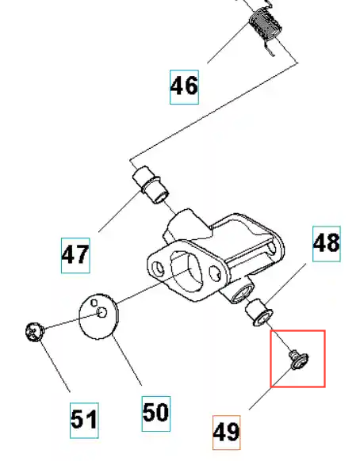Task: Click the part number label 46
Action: pyautogui.click(x=184, y=87)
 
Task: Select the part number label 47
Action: pyautogui.click(x=75, y=255)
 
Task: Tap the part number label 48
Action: pyautogui.click(x=327, y=244)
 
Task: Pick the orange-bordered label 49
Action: pyautogui.click(x=226, y=432)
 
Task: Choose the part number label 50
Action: pyautogui.click(x=156, y=413)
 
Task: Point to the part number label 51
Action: pyautogui.click(x=84, y=421)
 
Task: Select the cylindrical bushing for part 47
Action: pyautogui.click(x=151, y=185)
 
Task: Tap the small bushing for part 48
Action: pyautogui.click(x=259, y=312)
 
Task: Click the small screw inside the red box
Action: pyautogui.click(x=298, y=360)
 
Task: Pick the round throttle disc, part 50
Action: pyautogui.click(x=99, y=317)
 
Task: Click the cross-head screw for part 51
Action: pyautogui.click(x=35, y=332)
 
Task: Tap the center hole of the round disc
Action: pyautogui.click(x=101, y=313)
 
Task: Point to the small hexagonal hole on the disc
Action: pyautogui.click(x=94, y=303)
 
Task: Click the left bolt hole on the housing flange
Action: pyautogui.click(x=158, y=269)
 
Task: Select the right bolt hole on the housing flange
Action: pyautogui.click(x=215, y=272)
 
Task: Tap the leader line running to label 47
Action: pyautogui.click(x=119, y=211)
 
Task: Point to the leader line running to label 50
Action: pyautogui.click(x=128, y=361)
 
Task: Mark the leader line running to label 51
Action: pyautogui.click(x=56, y=367)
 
